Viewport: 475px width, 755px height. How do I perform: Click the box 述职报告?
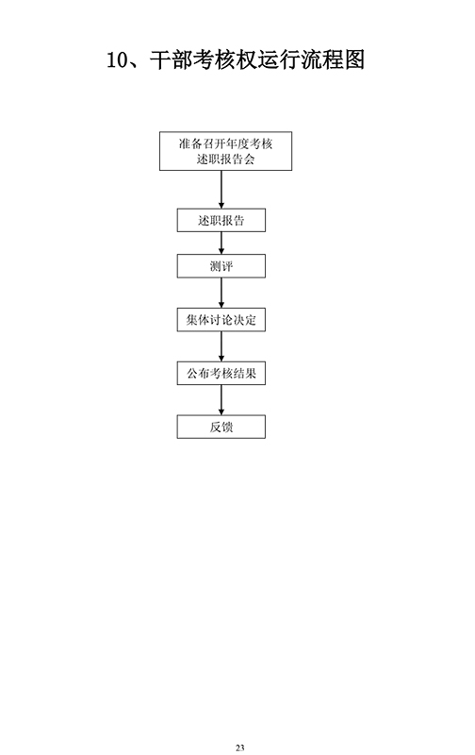(221, 220)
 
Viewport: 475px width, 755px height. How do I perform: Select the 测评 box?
(221, 266)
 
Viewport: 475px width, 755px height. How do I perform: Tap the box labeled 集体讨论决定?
(221, 320)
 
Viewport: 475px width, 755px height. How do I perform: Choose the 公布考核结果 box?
(221, 373)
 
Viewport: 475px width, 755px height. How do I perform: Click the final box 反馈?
(221, 427)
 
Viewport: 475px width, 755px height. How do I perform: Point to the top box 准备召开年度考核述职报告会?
(225, 151)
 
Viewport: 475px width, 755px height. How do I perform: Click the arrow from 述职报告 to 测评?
(221, 243)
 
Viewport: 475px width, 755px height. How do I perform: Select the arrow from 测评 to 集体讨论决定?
(221, 293)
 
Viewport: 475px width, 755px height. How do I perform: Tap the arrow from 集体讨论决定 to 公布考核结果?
(221, 346)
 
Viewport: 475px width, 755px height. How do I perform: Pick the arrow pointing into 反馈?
(221, 399)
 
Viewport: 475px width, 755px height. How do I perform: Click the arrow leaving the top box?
(221, 190)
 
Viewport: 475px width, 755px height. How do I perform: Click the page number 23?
(240, 747)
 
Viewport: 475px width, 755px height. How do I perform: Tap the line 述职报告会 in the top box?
(225, 159)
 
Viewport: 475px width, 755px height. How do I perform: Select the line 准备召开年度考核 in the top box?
(225, 143)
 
